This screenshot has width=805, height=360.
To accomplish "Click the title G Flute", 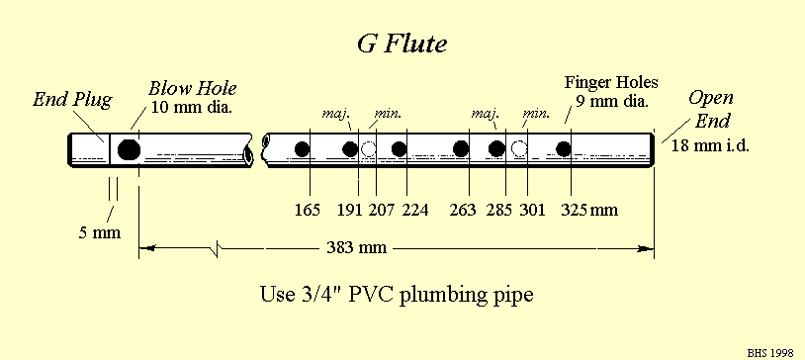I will pyautogui.click(x=402, y=45).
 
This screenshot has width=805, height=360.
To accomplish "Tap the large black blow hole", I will pyautogui.click(x=128, y=150).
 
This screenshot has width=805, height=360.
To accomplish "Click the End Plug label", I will pyautogui.click(x=72, y=99).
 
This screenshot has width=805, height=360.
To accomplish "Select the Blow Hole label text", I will pyautogui.click(x=192, y=88).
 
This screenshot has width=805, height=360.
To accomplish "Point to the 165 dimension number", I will pyautogui.click(x=309, y=210).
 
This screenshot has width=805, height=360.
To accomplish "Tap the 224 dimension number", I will pyautogui.click(x=417, y=210).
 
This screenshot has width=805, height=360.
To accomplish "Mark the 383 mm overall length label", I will pyautogui.click(x=356, y=246).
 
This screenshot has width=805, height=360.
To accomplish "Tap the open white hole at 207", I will pyautogui.click(x=370, y=149).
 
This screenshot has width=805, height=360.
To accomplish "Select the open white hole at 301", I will pyautogui.click(x=518, y=149).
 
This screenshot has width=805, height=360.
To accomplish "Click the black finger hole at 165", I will pyautogui.click(x=304, y=149).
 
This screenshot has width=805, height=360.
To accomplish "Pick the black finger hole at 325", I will pyautogui.click(x=564, y=149).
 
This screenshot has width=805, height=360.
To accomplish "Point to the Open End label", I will pyautogui.click(x=711, y=109).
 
